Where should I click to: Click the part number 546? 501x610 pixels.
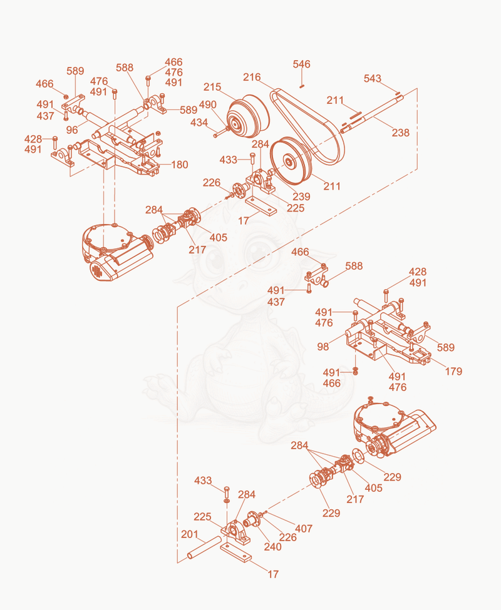click(301, 64)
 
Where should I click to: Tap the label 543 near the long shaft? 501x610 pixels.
click(372, 78)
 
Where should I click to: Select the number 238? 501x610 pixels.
click(401, 133)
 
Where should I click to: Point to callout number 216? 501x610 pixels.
click(252, 77)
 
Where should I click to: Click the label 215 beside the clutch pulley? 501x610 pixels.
click(212, 87)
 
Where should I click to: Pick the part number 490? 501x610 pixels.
click(208, 104)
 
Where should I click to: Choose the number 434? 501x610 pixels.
click(199, 123)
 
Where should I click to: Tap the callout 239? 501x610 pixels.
click(301, 196)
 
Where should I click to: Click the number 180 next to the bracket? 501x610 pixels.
click(180, 165)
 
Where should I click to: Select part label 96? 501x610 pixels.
click(72, 130)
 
